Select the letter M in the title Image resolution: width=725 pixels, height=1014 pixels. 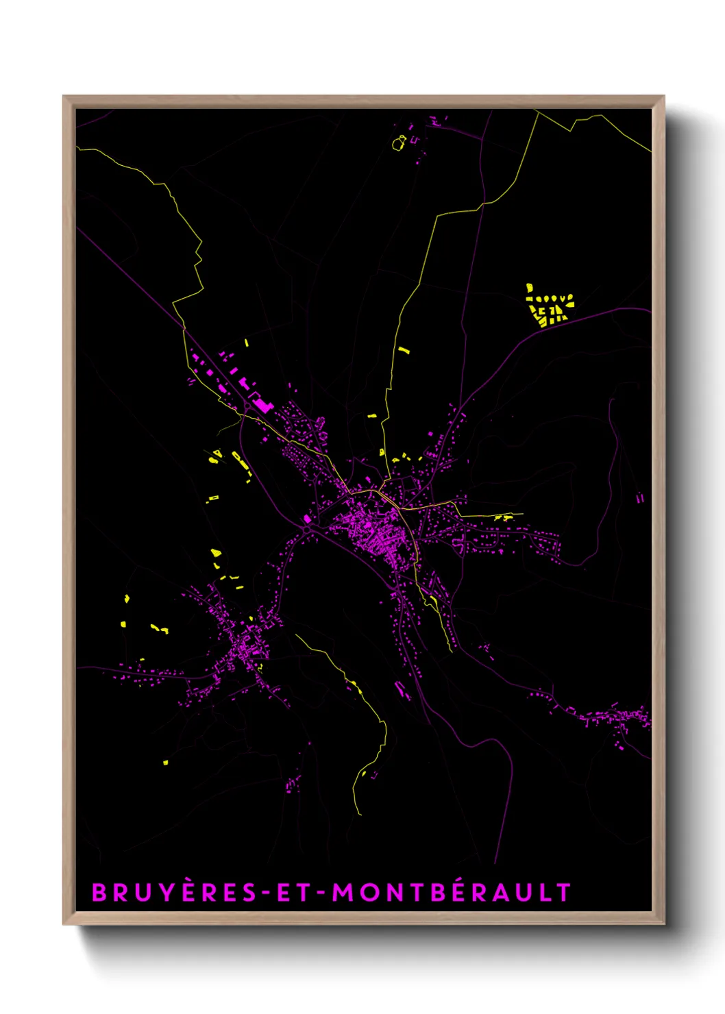[344, 893]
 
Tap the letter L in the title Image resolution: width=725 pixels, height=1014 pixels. [546, 893]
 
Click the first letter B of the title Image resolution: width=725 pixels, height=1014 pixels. [99, 893]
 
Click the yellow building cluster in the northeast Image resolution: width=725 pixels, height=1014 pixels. [549, 306]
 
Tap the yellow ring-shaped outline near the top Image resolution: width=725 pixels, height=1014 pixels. [399, 143]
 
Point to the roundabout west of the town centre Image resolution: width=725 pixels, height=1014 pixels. [308, 529]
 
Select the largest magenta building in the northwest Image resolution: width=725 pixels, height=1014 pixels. [262, 404]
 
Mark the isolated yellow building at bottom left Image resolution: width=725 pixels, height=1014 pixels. [165, 762]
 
